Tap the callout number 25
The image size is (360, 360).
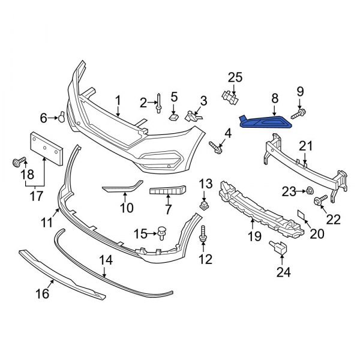pos(235,77)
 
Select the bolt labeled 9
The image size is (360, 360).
pos(298,112)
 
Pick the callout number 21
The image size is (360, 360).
pos(306,146)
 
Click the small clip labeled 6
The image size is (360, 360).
pos(61,117)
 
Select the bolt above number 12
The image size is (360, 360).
pos(205,233)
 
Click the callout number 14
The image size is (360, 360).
pos(106,260)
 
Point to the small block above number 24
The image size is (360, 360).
pos(278,247)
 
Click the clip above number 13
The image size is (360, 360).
pos(205,203)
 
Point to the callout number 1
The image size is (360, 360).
pos(118,100)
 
